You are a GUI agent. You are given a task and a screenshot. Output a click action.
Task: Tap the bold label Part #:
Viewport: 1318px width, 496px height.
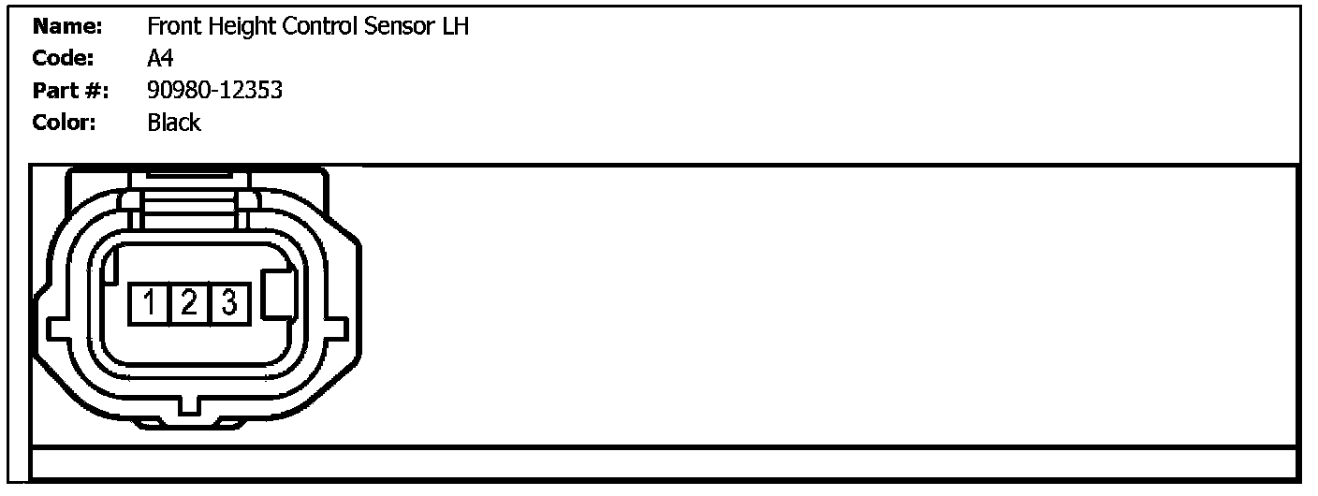coord(70,91)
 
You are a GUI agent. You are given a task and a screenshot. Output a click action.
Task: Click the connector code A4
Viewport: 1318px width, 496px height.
coord(160,59)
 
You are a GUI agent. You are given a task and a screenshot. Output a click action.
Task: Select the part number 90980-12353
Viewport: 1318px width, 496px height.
coord(215,91)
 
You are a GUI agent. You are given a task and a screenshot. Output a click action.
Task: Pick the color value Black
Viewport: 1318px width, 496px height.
coord(174,123)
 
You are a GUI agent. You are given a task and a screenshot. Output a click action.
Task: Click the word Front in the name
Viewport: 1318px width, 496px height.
coord(173,27)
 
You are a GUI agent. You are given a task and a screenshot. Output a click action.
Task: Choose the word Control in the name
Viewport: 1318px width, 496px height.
coord(323,27)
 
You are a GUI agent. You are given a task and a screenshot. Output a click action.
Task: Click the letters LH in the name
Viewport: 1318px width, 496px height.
coord(455,27)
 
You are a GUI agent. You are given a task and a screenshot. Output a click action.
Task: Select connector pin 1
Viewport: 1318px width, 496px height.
coord(150,303)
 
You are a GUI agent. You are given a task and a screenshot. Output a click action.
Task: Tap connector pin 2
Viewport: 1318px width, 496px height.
coord(189,303)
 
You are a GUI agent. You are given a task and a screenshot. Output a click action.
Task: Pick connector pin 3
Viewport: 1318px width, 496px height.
coord(228,303)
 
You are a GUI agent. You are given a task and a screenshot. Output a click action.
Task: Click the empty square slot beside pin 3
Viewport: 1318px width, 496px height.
coord(280,296)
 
